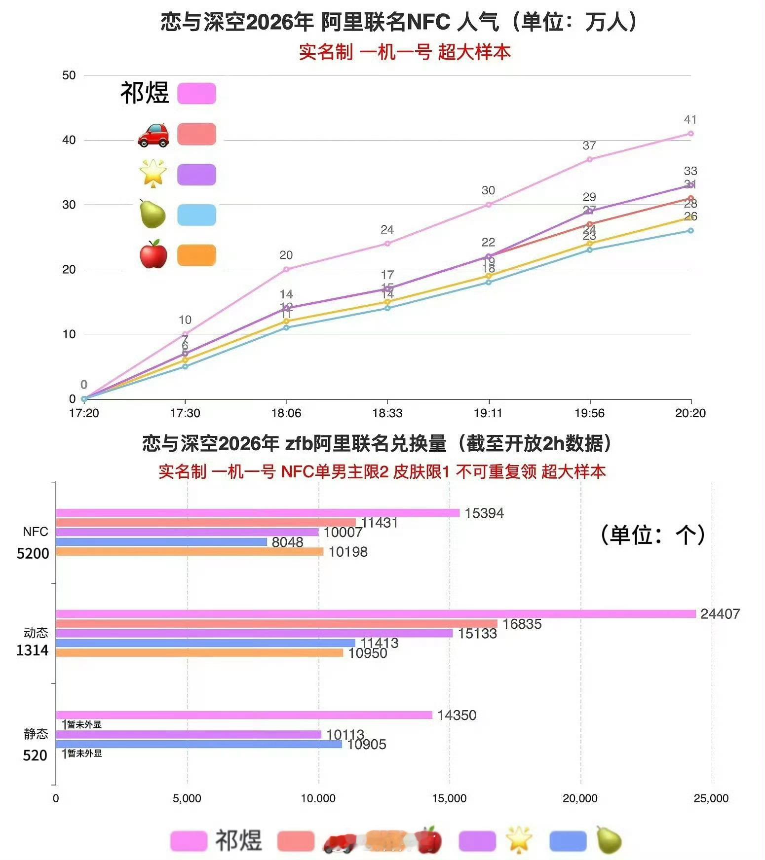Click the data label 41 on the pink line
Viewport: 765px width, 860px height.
click(x=690, y=120)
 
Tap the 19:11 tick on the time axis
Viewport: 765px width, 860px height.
click(x=488, y=413)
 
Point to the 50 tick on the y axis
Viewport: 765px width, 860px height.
click(x=69, y=75)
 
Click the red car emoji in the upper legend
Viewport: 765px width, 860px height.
click(x=153, y=135)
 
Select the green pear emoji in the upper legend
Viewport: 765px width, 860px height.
click(x=153, y=214)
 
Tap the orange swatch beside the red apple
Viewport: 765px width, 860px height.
click(x=196, y=255)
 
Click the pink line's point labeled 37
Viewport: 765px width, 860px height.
click(x=589, y=159)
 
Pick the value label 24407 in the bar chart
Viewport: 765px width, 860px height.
click(x=720, y=614)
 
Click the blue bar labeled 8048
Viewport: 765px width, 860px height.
click(x=161, y=542)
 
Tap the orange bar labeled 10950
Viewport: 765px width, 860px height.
click(x=199, y=653)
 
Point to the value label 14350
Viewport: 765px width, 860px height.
click(x=457, y=715)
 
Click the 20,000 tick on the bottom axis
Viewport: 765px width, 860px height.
click(x=580, y=798)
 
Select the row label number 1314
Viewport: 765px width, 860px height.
click(x=33, y=650)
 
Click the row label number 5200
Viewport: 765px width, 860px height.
click(x=33, y=554)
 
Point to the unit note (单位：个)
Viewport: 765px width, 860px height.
click(x=652, y=535)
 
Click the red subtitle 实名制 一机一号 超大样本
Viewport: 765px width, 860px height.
click(x=404, y=52)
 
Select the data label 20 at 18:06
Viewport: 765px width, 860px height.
click(x=286, y=255)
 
